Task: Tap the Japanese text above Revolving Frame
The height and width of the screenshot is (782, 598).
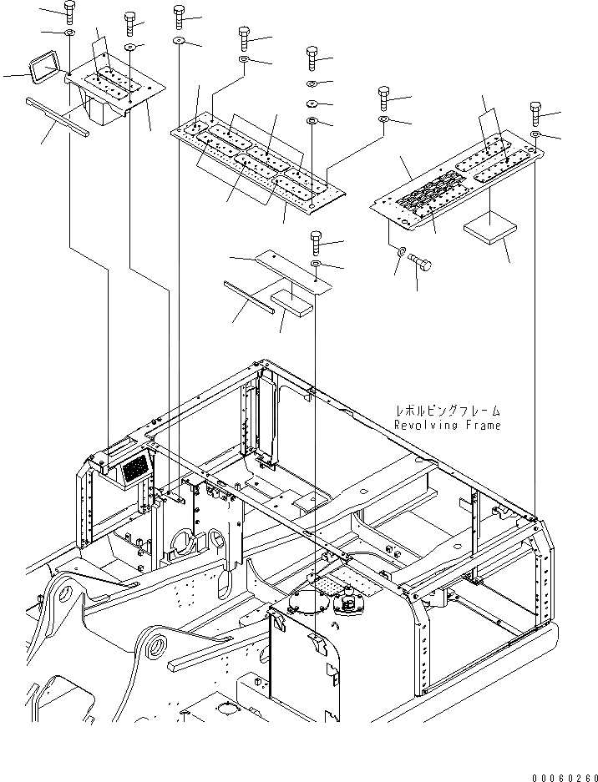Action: (448, 411)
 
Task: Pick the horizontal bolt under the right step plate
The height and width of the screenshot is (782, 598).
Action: (421, 264)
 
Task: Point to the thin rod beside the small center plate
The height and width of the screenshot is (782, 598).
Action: (248, 295)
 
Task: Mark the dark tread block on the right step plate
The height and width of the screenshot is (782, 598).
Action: (425, 199)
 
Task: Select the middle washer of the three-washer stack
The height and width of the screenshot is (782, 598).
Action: (311, 103)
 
